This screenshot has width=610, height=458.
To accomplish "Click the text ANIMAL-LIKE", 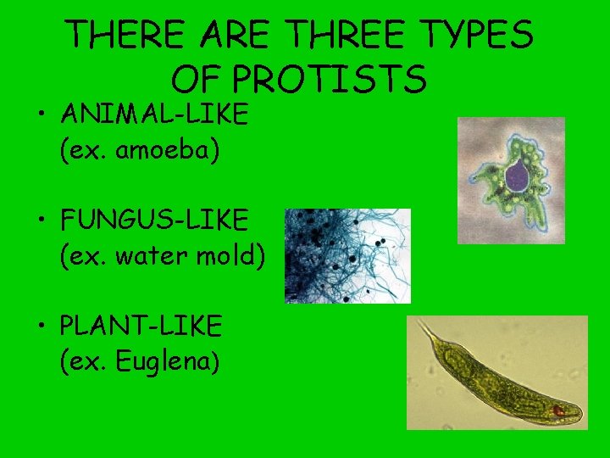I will [154, 114].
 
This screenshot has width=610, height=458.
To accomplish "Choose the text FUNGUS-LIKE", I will [154, 221].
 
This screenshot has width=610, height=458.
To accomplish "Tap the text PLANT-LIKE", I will [141, 325].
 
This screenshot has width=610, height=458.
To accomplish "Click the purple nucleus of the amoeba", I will [517, 176].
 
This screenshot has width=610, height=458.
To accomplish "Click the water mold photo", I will [347, 255].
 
